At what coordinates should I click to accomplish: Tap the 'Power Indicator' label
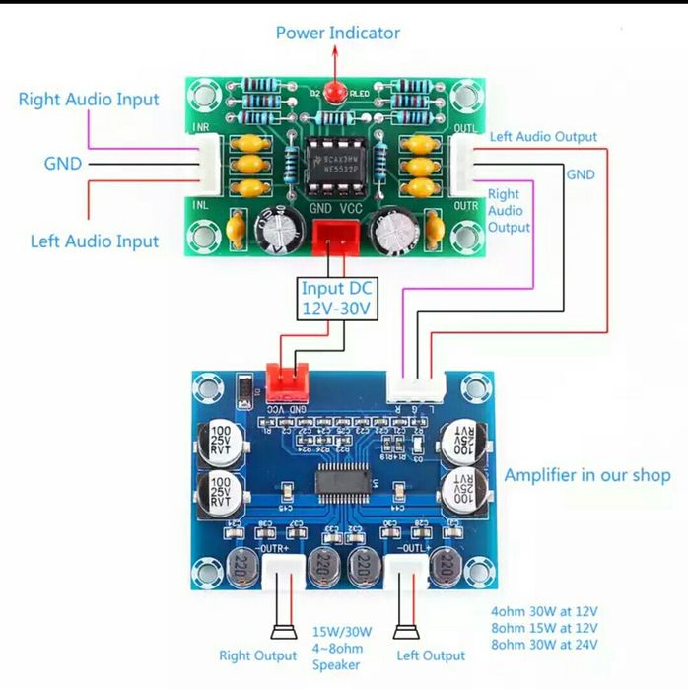(337, 33)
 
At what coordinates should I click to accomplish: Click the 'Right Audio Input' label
(89, 100)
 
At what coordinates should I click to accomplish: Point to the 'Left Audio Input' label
(95, 241)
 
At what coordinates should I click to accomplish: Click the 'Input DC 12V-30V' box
(338, 297)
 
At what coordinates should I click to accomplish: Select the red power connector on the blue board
(286, 379)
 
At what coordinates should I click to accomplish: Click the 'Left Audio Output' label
(543, 137)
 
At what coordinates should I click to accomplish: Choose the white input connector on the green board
(211, 164)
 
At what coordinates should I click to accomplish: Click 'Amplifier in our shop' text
(587, 475)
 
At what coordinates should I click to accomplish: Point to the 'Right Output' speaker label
(257, 655)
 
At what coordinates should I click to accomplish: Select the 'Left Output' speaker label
(430, 655)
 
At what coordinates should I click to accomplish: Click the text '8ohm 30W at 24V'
(544, 646)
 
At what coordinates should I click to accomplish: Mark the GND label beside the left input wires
(62, 164)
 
